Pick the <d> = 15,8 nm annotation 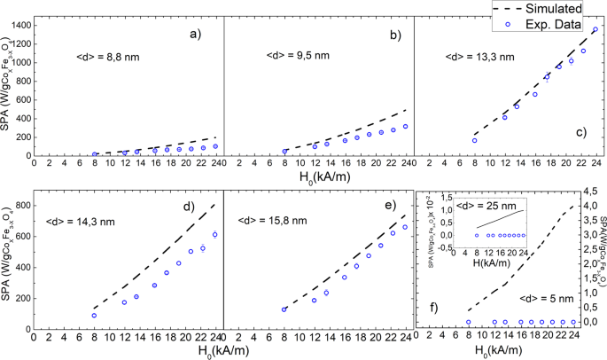[270, 214]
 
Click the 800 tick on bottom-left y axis [21, 205]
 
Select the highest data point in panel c [595, 29]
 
